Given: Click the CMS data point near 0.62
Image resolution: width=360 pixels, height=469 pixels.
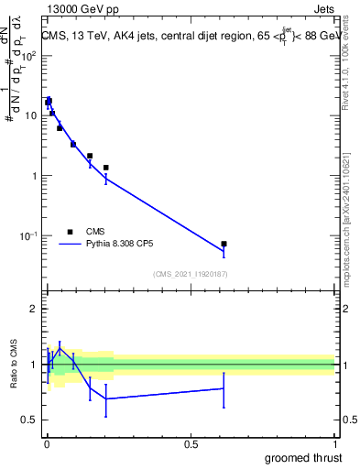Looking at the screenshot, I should click(224, 244).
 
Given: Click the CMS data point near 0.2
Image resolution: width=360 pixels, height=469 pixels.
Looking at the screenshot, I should click(106, 168).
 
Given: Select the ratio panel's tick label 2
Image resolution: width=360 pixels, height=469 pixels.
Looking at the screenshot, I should click(33, 309).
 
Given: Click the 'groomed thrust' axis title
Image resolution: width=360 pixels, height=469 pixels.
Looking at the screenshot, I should click(303, 457).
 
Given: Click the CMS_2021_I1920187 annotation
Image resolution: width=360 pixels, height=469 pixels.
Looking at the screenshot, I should click(191, 274).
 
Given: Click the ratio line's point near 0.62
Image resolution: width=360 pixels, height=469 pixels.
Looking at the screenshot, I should click(224, 388).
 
